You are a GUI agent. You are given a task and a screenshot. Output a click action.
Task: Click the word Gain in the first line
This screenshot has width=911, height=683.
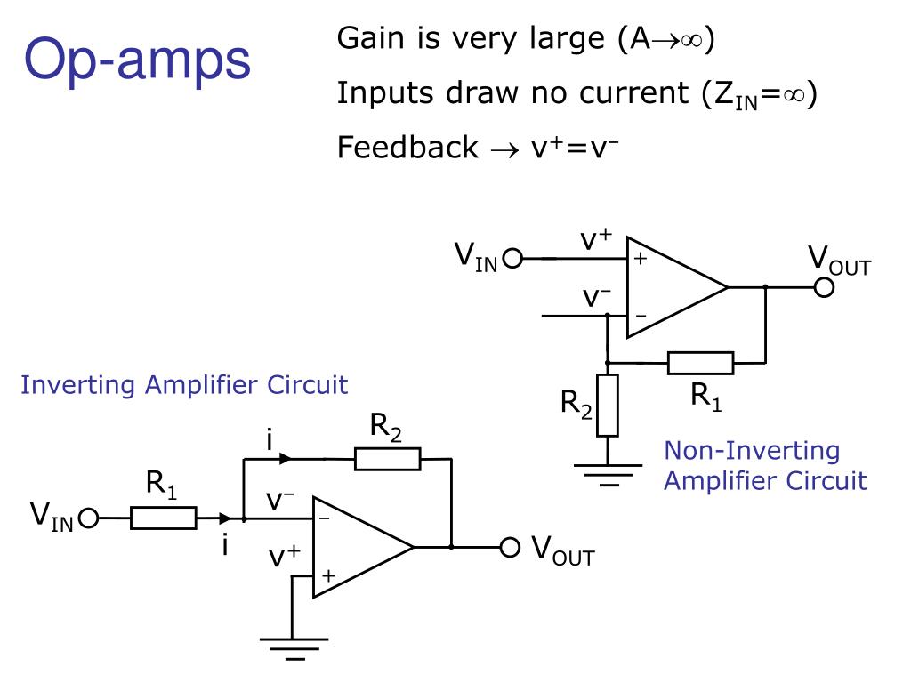point(371,39)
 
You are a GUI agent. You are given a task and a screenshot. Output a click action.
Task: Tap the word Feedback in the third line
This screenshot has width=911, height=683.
point(407,147)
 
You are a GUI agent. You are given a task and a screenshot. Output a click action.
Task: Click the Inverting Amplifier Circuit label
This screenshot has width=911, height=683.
point(184,384)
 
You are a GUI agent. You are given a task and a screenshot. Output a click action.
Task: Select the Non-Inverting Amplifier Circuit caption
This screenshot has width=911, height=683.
point(765,466)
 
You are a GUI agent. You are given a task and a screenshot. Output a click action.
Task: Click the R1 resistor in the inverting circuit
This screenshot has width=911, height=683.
point(164,518)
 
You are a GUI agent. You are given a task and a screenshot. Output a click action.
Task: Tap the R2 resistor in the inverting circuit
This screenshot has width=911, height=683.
point(388,459)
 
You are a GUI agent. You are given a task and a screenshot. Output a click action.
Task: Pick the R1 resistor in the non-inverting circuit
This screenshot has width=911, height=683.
point(701,363)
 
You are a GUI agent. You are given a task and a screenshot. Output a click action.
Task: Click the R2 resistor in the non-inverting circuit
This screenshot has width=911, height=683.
point(608,406)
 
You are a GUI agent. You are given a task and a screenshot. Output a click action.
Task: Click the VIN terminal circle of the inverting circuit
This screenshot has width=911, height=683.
point(88,518)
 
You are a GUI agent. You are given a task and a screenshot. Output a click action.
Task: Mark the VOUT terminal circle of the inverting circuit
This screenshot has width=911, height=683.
point(510,547)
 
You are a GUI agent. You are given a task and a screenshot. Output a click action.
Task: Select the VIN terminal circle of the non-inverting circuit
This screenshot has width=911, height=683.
point(513,258)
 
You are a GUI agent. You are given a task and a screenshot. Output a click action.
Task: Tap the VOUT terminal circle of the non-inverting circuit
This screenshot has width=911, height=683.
point(824,287)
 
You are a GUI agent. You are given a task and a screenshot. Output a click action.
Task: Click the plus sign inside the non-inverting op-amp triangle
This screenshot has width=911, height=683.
point(641,258)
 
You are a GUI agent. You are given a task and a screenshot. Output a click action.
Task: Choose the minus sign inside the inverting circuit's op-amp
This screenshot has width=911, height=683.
point(324,518)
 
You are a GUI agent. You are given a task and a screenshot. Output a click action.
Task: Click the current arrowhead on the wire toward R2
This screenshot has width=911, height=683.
point(285,459)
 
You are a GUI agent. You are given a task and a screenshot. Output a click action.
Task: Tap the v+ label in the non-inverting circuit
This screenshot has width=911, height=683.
point(596,238)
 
